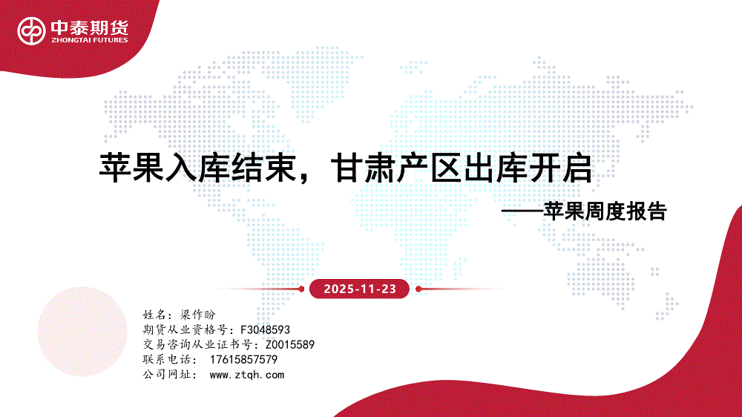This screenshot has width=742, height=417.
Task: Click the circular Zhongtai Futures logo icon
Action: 31,31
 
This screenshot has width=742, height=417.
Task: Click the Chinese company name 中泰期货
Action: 90,27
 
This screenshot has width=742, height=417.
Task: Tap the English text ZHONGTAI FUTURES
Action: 90,40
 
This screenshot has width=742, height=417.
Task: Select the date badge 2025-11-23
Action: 359,289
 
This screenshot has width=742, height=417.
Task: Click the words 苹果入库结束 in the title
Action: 197,168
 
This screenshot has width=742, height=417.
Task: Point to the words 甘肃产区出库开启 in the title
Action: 462,168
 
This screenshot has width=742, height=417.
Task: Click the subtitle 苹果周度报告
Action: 605,211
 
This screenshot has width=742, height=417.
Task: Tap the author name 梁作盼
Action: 198,315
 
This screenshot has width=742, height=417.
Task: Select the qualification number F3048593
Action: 265,329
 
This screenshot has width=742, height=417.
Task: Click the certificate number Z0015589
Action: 289,344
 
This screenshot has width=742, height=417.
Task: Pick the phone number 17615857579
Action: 243,359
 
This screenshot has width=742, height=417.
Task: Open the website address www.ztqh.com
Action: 246,375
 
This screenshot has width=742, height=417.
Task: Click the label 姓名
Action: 154,315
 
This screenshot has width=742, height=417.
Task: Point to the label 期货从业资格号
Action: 185,329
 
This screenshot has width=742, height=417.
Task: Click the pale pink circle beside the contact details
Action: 82,332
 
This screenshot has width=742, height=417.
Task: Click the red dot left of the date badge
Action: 301,289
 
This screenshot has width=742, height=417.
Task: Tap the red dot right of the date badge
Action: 418,289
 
